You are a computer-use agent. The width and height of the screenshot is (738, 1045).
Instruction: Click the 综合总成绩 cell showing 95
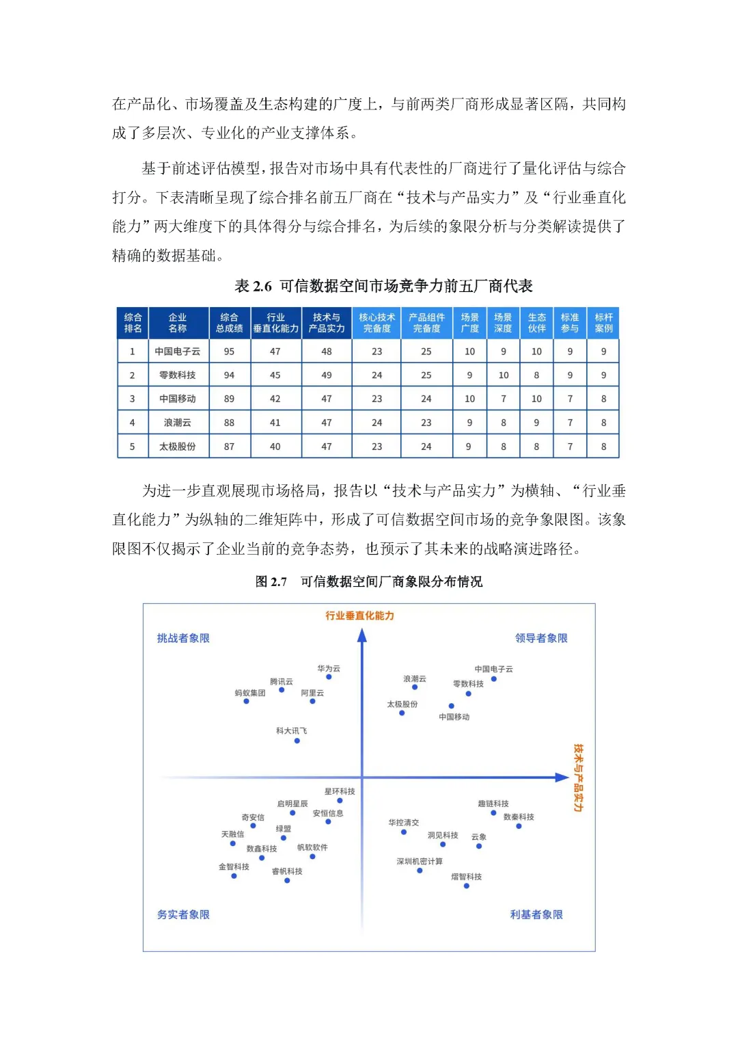coord(229,352)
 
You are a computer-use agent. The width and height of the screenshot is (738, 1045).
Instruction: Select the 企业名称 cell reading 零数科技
coord(178,375)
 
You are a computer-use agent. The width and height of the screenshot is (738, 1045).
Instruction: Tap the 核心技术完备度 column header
coord(377,323)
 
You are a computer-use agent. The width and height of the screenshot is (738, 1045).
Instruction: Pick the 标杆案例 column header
coord(603,323)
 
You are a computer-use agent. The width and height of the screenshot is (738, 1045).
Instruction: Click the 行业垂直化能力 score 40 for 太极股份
coord(275,447)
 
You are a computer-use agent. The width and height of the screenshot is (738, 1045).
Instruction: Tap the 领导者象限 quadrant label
coord(541,638)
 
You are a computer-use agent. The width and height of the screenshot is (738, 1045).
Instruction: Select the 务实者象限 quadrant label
coord(183,914)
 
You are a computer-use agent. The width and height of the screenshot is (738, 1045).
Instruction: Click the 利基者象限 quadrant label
coord(536,914)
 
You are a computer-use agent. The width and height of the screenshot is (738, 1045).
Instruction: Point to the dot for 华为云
coord(329,677)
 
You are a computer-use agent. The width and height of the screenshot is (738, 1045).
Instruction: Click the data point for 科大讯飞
coord(297,741)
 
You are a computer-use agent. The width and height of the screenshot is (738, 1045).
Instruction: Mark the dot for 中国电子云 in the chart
coord(494,679)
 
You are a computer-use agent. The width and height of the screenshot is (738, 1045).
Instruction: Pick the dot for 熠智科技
coord(467,886)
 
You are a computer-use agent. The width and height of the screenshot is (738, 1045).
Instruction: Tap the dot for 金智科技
coord(234,876)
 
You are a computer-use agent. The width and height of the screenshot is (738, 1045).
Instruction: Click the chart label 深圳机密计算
coord(420,861)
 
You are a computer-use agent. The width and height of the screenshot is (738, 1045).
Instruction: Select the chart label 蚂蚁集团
coord(249,693)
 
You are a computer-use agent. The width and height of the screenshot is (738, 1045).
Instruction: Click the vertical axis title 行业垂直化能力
coord(359,616)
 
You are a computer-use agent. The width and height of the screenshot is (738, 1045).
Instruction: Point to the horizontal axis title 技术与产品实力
coord(578,778)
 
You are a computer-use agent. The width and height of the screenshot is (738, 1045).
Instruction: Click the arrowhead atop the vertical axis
coord(362,635)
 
